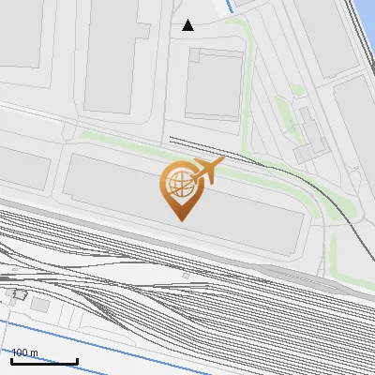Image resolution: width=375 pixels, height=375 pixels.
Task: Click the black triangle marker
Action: tap(188, 25)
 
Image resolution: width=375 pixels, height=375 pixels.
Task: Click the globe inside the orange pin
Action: tap(176, 183)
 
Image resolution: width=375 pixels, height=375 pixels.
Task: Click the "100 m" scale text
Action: tap(24, 352)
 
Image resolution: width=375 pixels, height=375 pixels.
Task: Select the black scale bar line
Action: tap(44, 361)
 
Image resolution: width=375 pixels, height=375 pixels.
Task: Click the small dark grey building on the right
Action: tap(309, 150)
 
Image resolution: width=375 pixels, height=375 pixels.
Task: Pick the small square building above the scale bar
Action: tap(39, 304)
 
